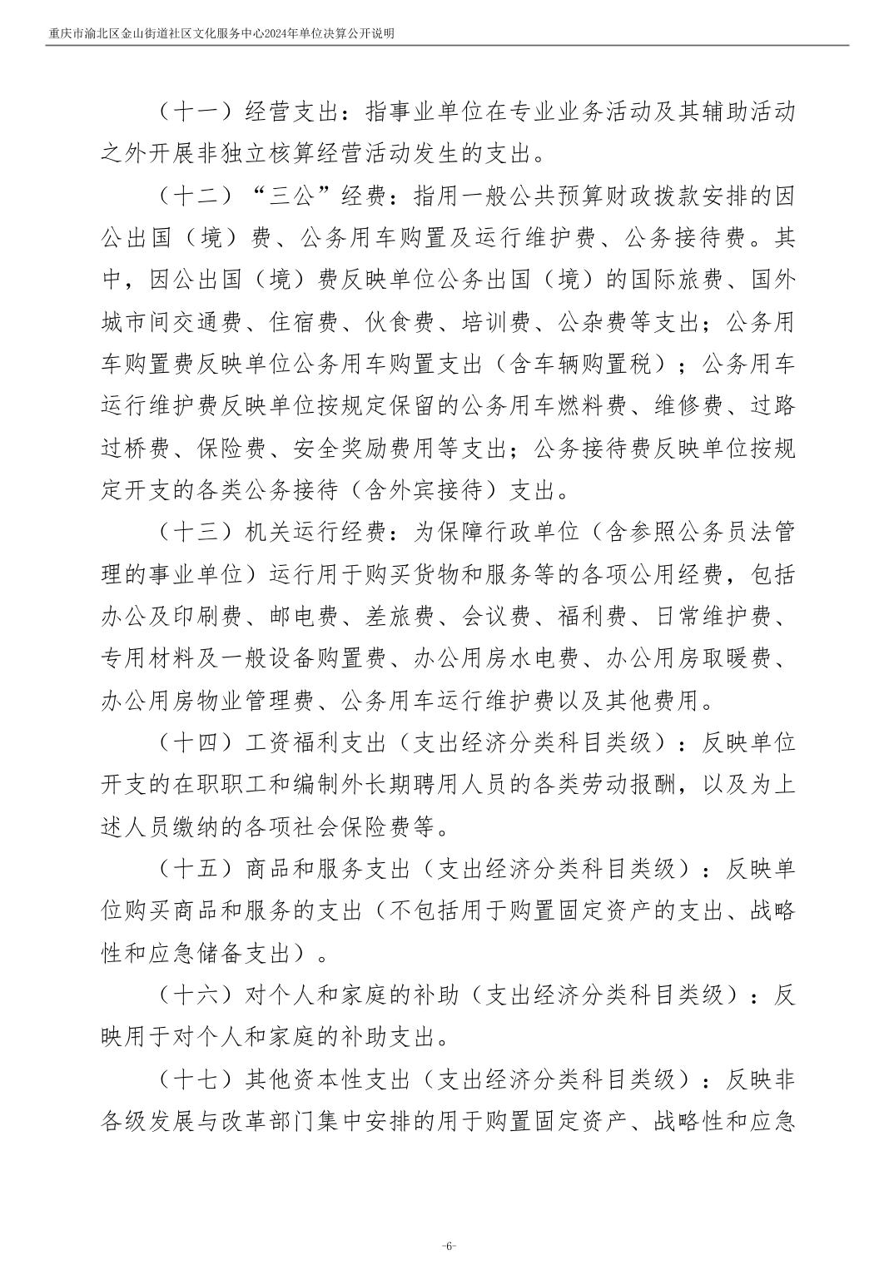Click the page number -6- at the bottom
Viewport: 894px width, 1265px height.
(448, 1246)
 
